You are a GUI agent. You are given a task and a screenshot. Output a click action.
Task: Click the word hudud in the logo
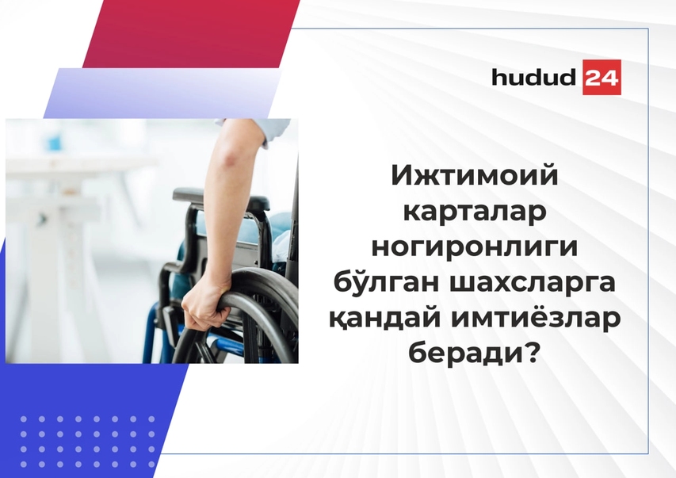(533, 77)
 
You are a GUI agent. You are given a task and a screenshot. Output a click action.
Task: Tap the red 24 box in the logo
(602, 77)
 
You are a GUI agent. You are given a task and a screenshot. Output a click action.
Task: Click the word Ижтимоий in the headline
(475, 177)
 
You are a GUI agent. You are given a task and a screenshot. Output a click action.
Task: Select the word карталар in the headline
(475, 212)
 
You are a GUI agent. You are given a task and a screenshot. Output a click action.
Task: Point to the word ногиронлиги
(475, 248)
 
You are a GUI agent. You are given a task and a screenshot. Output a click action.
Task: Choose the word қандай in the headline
(384, 319)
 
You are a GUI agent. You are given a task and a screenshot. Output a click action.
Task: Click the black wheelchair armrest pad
(220, 197)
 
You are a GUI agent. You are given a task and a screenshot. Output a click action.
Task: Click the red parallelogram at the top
(191, 33)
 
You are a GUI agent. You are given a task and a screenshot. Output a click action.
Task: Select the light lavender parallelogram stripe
(162, 93)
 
